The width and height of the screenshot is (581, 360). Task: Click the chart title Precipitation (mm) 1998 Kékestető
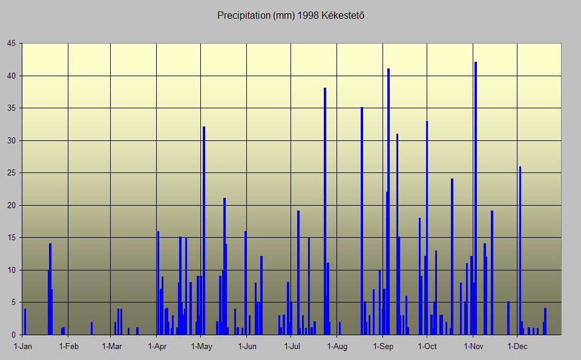pos(290,15)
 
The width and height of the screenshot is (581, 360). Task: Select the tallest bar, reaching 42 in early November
pos(476,200)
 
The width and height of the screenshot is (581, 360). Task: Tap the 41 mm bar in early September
pos(389,203)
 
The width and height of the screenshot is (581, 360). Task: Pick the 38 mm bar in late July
pos(325,212)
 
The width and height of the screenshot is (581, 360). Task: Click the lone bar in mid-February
pos(92,329)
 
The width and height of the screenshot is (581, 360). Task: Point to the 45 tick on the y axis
pos(11,44)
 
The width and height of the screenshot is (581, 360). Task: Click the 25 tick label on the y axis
pos(11,173)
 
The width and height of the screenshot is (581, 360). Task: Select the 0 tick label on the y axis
pos(14,335)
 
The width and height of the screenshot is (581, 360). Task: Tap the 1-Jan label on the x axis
pos(23,347)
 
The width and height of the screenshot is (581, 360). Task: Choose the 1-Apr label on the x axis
pos(157,347)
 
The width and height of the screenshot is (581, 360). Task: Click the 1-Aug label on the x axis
pos(337,347)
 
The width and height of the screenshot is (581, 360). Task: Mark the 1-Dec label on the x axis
pos(517,347)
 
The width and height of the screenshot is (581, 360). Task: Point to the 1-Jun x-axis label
pos(247,347)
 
